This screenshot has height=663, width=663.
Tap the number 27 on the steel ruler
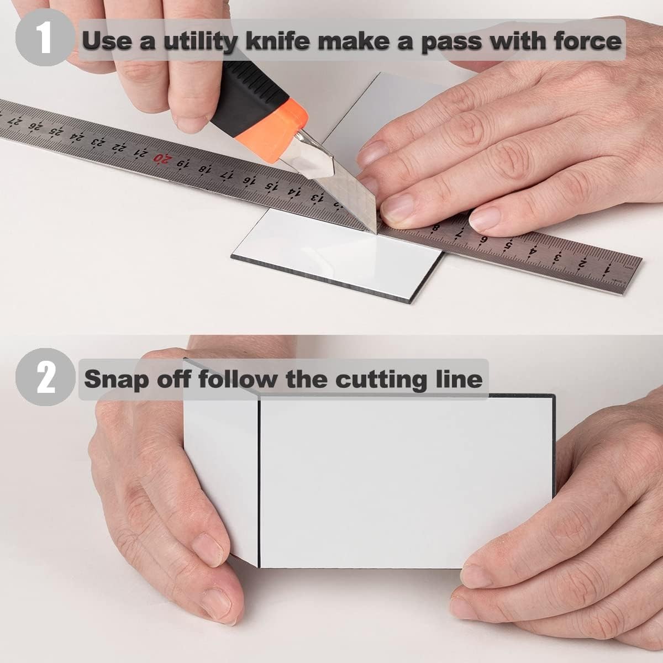[x=15, y=121]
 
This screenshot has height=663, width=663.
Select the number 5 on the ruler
[x=507, y=245]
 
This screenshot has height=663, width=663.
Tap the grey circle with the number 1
[x=45, y=38]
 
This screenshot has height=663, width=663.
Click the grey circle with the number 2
[x=45, y=377]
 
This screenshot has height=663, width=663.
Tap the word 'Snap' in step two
[x=117, y=380]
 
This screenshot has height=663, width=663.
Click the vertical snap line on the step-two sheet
[x=259, y=482]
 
